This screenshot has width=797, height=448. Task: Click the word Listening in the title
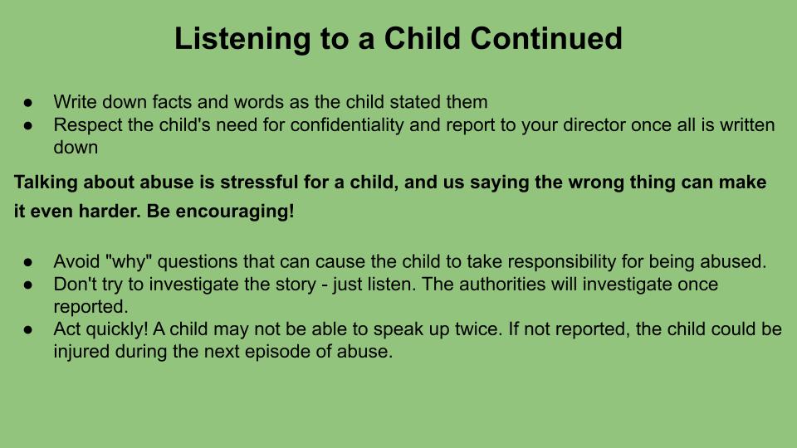coord(242,39)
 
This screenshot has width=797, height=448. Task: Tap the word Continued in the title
coord(546,38)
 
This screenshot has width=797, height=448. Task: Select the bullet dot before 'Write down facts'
coord(28,103)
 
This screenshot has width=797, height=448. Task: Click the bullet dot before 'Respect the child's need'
coord(28,125)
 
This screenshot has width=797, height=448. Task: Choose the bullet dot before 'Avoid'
coord(28,262)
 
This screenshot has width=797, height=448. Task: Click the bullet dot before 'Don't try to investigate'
coord(28,285)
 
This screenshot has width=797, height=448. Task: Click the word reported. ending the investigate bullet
coord(91,307)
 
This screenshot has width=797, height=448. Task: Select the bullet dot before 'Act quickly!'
coord(28,329)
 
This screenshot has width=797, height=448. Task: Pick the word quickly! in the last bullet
coord(117,329)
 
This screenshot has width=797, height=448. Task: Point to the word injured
coord(81,352)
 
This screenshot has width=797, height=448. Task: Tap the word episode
coord(277,352)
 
